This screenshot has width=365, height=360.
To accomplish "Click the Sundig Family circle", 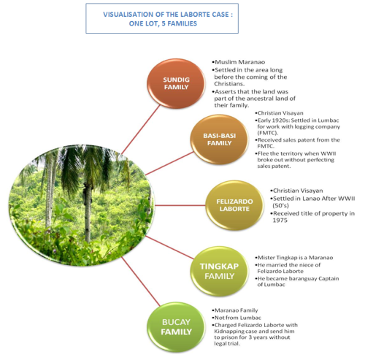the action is (176, 83).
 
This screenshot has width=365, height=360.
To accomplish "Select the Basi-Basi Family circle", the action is (219, 139).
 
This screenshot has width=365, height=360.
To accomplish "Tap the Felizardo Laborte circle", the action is (234, 205).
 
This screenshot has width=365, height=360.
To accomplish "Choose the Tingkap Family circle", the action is (219, 271).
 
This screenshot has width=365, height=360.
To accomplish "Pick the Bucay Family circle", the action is (176, 327).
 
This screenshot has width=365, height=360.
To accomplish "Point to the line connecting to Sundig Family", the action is (141, 129).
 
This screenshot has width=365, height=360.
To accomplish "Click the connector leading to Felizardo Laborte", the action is (180, 205).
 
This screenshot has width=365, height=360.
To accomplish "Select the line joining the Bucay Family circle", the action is (141, 281).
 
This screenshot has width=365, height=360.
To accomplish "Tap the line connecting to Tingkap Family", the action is (169, 247).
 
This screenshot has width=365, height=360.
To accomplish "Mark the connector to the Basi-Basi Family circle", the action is (169, 164).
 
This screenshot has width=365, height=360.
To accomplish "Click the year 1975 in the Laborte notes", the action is (280, 221).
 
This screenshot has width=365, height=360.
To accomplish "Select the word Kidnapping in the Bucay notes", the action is (226, 332).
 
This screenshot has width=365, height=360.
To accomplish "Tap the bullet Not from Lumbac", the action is (237, 318).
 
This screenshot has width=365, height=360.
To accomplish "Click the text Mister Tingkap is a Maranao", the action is (295, 258).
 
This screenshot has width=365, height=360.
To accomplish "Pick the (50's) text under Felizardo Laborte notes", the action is (280, 205).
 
